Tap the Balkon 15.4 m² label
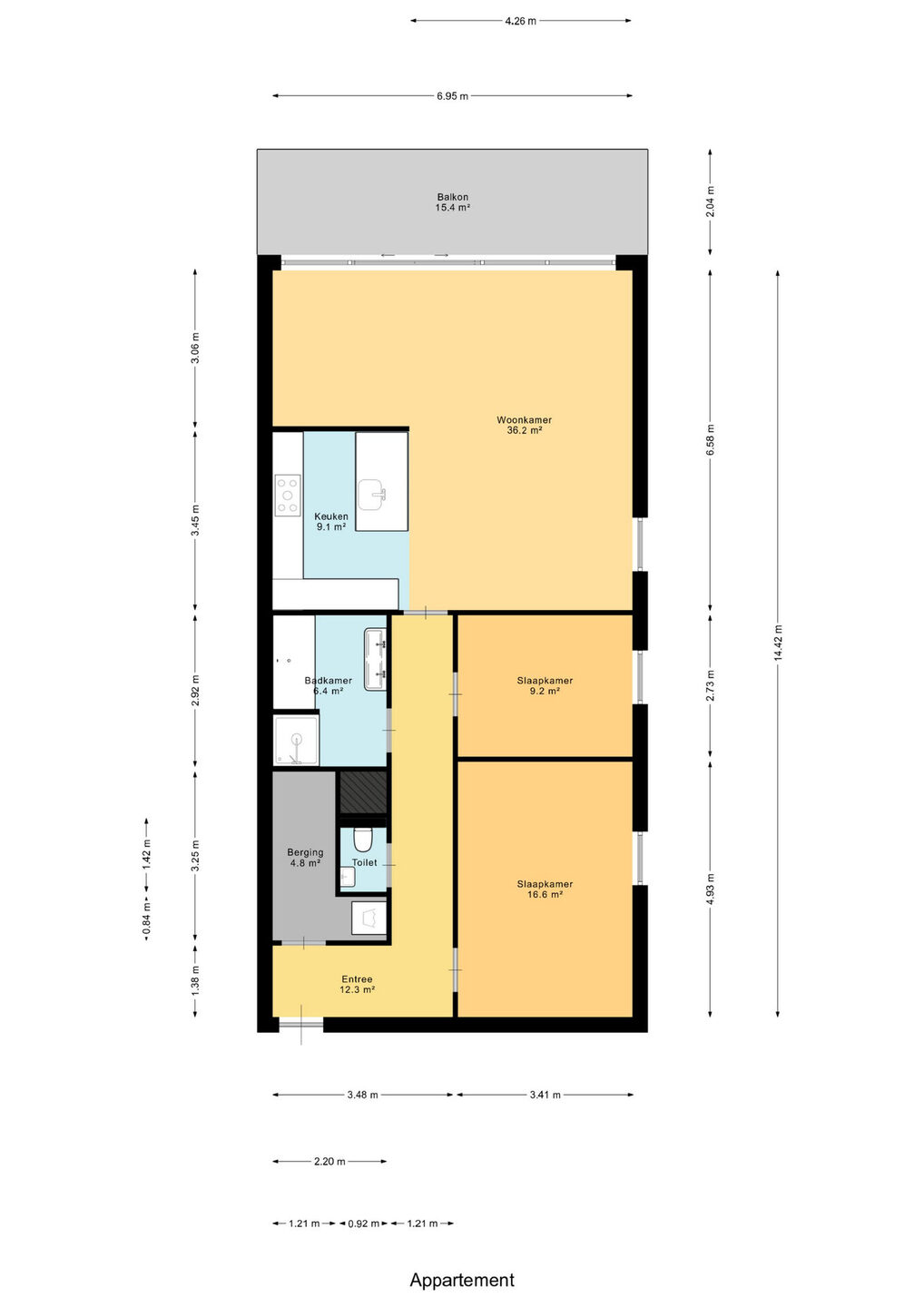[x=453, y=201]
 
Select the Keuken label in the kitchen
[x=330, y=516]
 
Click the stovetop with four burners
[x=288, y=496]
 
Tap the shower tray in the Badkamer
[x=296, y=739]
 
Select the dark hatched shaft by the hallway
[x=363, y=791]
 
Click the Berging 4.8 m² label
[x=305, y=857]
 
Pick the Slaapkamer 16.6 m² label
[x=545, y=889]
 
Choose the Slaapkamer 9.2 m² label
[x=545, y=685]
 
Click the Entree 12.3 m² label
[x=357, y=984]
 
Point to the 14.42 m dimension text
[x=778, y=643]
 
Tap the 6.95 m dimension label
[x=452, y=96]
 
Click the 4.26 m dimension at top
[x=520, y=21]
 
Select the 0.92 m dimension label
[x=363, y=1223]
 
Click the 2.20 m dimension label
[x=329, y=1161]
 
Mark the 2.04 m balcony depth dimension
[x=710, y=201]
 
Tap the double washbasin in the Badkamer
[x=375, y=659]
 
